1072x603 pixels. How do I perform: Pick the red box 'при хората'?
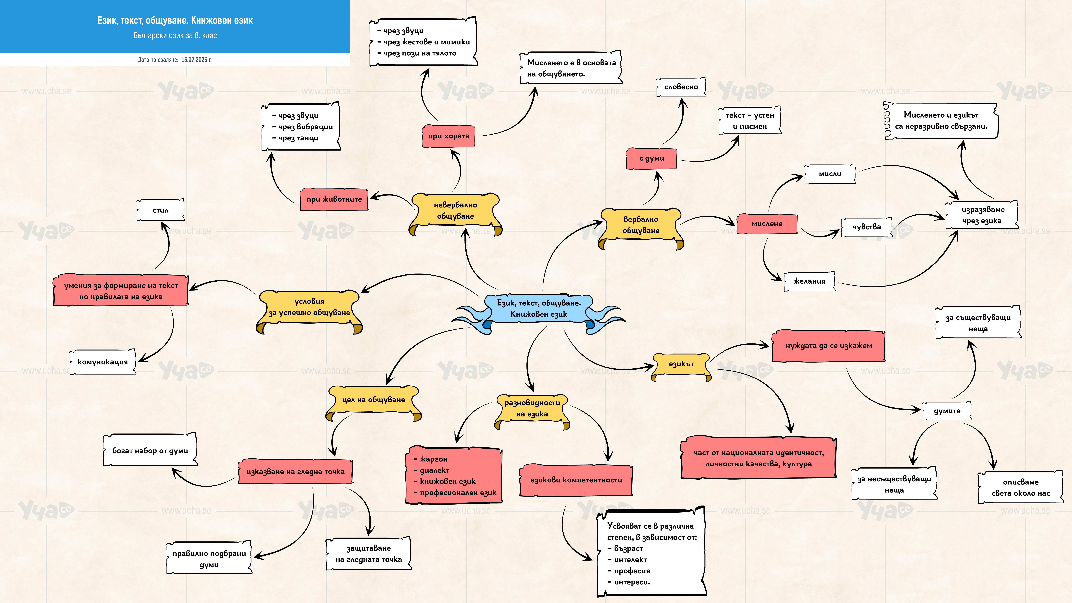point(449,136)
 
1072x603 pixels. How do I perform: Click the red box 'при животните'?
point(334,199)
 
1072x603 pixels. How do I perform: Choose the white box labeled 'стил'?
point(161,210)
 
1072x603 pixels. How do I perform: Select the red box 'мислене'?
point(767,224)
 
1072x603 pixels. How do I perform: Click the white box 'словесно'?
point(681,87)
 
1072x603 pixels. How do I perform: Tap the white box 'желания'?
point(809,281)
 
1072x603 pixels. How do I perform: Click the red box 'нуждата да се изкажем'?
point(829,346)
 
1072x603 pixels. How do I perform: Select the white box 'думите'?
point(947,411)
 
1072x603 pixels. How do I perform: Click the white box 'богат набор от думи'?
point(150,451)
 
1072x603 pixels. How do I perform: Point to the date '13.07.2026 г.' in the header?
point(196,60)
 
